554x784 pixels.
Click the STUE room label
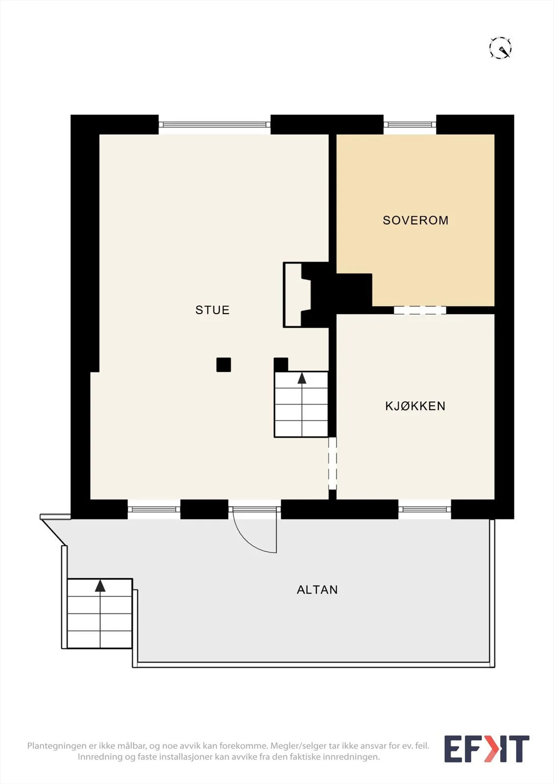point(213,310)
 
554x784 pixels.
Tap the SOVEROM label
point(415,220)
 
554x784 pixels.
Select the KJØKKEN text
point(415,406)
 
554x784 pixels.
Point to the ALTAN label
point(317,590)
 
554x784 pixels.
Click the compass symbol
point(500,48)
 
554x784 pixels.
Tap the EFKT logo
point(486,749)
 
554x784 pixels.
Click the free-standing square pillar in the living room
point(224,365)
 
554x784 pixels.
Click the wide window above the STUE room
point(215,124)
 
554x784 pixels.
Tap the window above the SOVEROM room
point(410,124)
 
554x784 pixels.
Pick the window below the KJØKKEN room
point(425,509)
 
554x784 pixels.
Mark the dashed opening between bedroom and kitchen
point(420,310)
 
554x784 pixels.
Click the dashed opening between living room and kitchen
point(333,464)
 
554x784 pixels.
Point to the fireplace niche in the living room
point(297,294)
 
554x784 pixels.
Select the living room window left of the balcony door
point(154,509)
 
